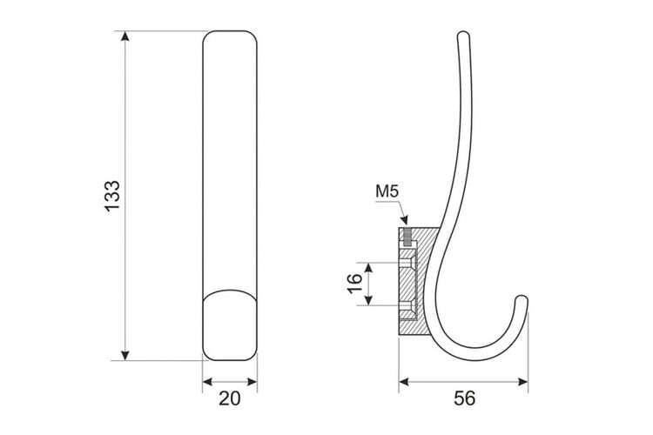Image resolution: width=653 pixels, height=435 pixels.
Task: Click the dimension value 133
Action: pos(112,196)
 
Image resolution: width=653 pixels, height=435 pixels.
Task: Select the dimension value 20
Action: pos(230,398)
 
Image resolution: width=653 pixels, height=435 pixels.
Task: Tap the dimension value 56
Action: pos(464,398)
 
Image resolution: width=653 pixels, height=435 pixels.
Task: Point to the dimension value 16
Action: pos(355,284)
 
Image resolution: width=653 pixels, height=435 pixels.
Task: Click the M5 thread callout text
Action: pos(387,191)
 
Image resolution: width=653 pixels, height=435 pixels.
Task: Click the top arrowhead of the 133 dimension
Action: pos(125,37)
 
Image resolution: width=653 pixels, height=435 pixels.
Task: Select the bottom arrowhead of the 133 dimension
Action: pos(125,355)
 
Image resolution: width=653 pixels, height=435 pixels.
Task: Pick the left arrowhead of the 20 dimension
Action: pos(208,382)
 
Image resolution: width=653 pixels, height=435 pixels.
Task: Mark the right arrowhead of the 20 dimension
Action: pos(252,382)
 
